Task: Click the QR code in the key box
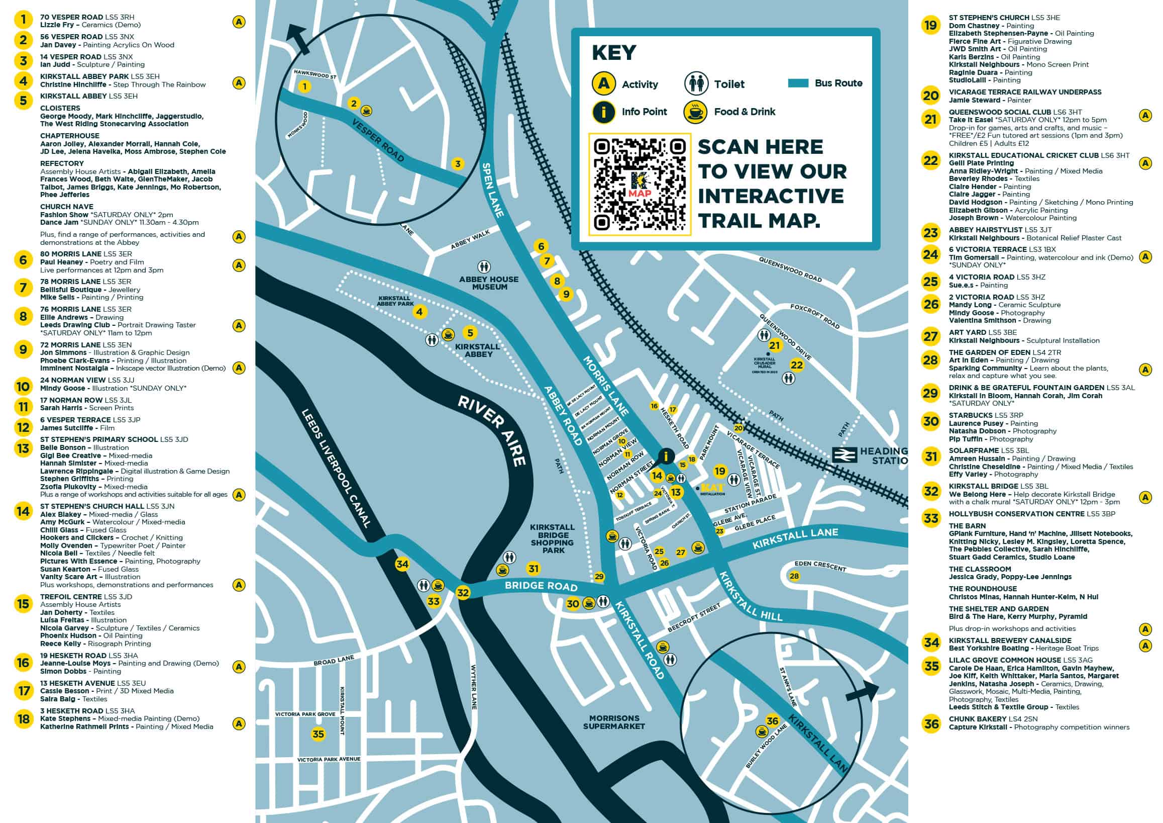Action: tap(640, 185)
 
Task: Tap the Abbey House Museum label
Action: tap(489, 283)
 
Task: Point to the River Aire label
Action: tap(492, 430)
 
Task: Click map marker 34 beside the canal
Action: tap(402, 564)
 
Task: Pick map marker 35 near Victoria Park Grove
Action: tap(318, 734)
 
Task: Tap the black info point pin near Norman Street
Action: tap(666, 456)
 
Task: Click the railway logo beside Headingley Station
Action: tap(845, 454)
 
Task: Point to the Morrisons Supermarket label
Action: tap(614, 722)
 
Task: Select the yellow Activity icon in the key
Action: tap(603, 83)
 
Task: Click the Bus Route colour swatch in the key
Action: tap(798, 83)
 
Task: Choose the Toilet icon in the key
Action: tap(696, 83)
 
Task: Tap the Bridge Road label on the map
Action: tap(541, 586)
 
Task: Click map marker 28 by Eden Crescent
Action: tap(794, 576)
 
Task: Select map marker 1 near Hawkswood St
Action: tap(304, 86)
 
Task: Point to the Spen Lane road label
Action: tap(493, 190)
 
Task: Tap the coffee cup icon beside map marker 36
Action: tap(761, 731)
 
